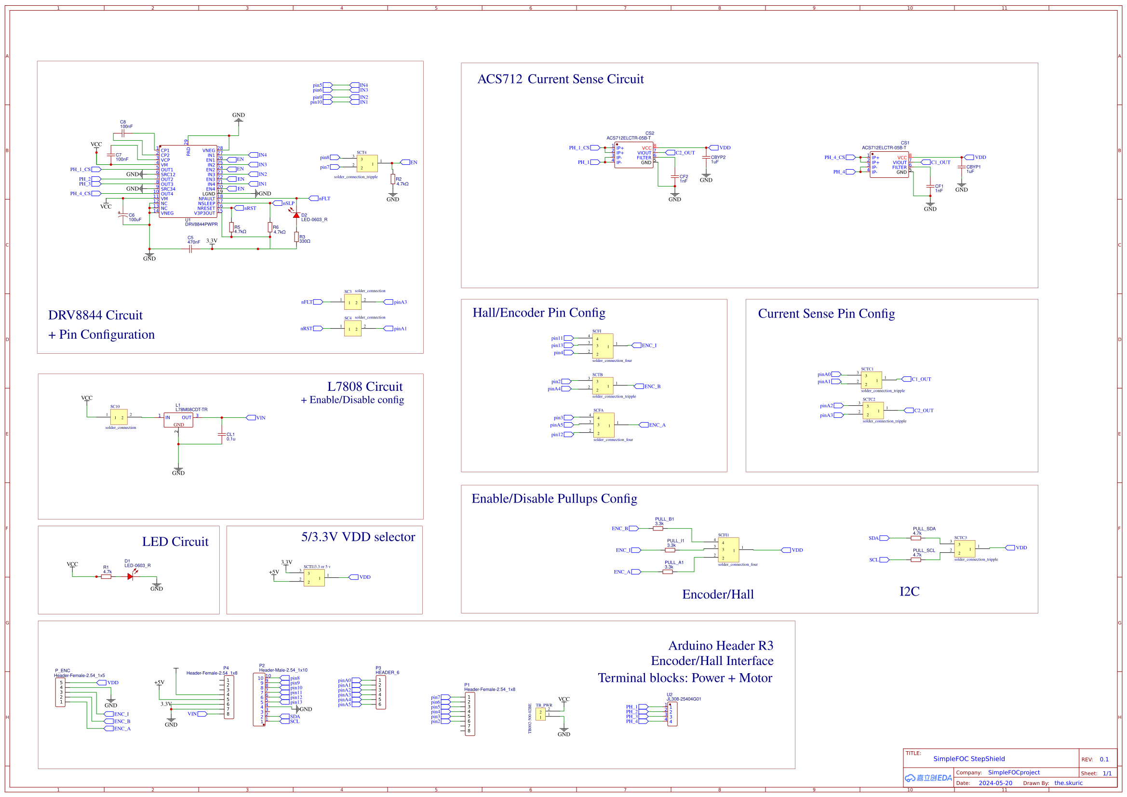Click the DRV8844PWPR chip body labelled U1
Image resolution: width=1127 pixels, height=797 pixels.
188,182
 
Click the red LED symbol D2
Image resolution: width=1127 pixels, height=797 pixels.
296,215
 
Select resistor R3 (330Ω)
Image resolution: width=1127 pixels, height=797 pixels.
296,238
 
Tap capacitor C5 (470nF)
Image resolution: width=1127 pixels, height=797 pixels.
190,249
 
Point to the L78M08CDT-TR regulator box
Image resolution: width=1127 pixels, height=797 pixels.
178,420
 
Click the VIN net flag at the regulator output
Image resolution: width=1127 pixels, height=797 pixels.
260,418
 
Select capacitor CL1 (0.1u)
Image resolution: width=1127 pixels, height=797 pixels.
222,435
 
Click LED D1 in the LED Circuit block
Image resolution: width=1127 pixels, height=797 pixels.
130,577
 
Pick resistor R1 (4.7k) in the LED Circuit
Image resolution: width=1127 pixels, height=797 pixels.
106,577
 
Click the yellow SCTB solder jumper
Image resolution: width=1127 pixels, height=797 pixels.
603,386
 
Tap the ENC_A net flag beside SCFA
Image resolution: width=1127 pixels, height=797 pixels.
656,425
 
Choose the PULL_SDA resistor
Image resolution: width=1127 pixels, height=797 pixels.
916,538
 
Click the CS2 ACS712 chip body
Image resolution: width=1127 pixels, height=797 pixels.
634,155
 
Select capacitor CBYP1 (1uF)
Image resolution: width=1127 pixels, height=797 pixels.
962,167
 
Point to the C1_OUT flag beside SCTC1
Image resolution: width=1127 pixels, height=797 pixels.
920,379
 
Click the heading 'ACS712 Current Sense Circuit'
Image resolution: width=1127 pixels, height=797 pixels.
561,79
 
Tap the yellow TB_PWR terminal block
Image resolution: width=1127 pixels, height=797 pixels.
540,714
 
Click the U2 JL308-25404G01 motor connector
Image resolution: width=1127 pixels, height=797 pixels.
672,714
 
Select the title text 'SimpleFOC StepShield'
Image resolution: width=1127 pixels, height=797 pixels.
969,759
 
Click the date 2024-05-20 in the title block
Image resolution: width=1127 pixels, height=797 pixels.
995,783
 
